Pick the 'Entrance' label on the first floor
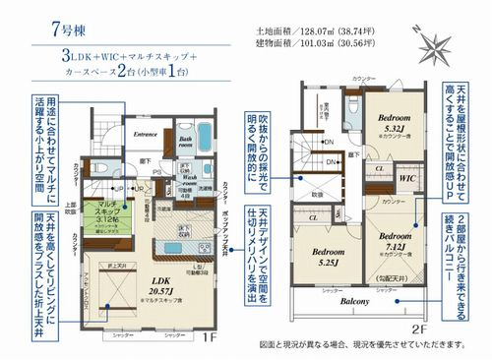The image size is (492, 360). tap(147, 134)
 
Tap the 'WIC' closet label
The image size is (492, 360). tap(406, 178)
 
